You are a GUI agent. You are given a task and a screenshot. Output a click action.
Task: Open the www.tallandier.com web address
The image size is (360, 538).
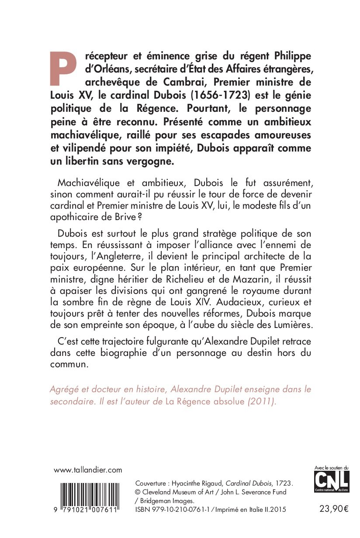(x=87, y=470)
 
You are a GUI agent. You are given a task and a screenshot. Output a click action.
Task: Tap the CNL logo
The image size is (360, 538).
(x=332, y=483)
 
